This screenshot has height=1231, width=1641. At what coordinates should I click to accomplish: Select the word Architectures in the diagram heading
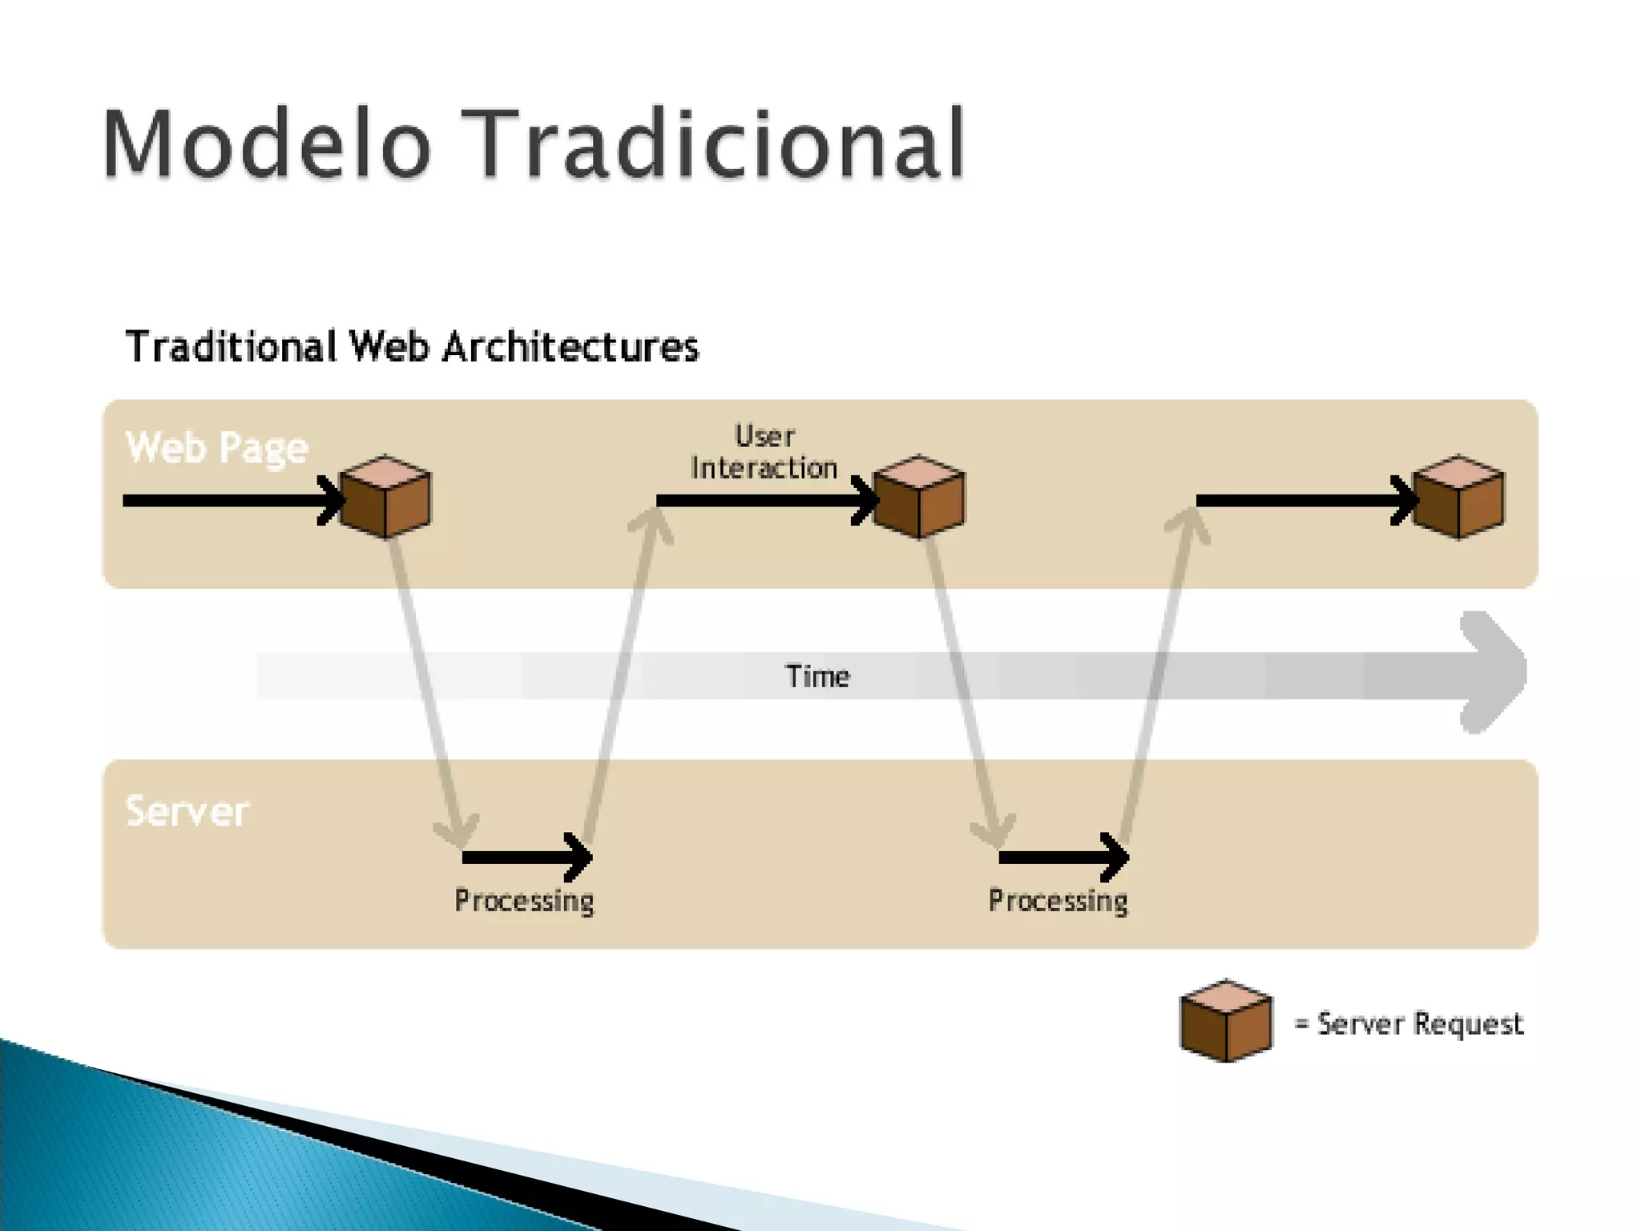pyautogui.click(x=571, y=348)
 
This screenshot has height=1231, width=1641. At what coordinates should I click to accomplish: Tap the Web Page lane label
pyautogui.click(x=217, y=447)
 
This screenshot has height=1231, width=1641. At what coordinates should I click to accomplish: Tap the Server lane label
pyautogui.click(x=187, y=811)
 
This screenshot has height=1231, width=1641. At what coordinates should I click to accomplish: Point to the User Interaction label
pyautogui.click(x=764, y=453)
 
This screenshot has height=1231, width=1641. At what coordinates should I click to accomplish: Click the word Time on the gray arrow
pyautogui.click(x=817, y=676)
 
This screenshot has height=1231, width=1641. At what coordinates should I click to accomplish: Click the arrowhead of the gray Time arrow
pyautogui.click(x=1492, y=672)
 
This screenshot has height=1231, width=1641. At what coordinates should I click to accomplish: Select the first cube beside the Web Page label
pyautogui.click(x=385, y=497)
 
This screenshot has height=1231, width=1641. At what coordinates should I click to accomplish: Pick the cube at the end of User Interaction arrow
pyautogui.click(x=919, y=497)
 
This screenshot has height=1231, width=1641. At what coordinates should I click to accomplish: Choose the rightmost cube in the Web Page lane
pyautogui.click(x=1458, y=497)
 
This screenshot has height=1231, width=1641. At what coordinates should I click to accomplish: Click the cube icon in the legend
pyautogui.click(x=1226, y=1022)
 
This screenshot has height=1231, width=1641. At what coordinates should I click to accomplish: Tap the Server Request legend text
pyautogui.click(x=1418, y=1024)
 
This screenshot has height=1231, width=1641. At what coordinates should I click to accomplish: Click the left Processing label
pyautogui.click(x=524, y=901)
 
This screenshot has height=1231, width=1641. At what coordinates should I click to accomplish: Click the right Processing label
pyautogui.click(x=1058, y=901)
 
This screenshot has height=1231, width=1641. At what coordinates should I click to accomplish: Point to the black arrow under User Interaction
pyautogui.click(x=765, y=501)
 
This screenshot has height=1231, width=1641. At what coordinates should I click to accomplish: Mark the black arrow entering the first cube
pyautogui.click(x=232, y=501)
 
